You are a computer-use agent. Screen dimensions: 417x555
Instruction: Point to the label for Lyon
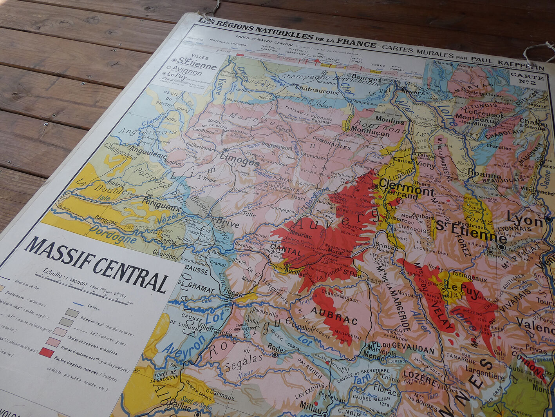525,220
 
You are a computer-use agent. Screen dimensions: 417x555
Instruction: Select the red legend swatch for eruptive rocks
46,352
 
